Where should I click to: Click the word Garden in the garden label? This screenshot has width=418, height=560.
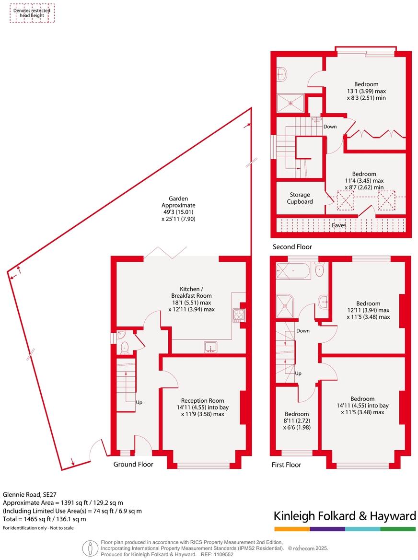click(178, 198)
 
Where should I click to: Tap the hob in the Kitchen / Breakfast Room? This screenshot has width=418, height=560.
click(238, 315)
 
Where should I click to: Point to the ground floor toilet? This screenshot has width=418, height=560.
click(126, 347)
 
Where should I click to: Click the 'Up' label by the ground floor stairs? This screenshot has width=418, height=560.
click(139, 402)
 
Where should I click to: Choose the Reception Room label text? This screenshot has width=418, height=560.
click(202, 400)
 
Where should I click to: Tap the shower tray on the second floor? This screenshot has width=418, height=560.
click(290, 103)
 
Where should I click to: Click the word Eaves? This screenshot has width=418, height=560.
click(339, 224)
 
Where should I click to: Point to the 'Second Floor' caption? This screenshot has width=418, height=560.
click(292, 247)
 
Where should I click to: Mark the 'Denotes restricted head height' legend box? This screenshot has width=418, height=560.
click(32, 12)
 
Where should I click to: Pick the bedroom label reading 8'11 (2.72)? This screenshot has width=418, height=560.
click(297, 420)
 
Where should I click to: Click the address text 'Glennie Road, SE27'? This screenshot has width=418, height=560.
click(30, 494)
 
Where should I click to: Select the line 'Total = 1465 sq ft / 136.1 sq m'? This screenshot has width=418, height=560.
click(45, 519)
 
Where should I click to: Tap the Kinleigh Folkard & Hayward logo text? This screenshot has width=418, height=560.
click(344, 516)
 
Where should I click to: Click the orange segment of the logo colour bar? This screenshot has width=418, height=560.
click(291, 529)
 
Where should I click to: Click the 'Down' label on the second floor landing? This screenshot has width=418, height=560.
click(330, 127)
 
